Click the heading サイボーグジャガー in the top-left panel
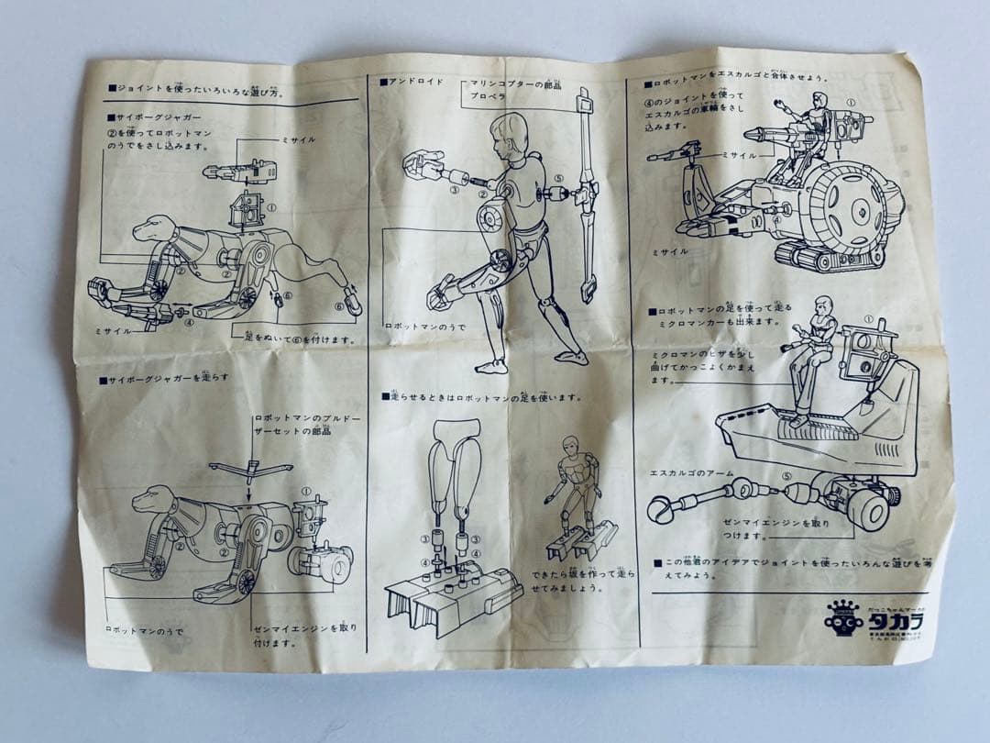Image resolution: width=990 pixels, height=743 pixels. pos(161,117)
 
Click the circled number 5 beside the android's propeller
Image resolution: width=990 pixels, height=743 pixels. pos(559,180)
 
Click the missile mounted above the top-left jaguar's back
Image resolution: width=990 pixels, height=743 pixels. pos(238,171)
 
